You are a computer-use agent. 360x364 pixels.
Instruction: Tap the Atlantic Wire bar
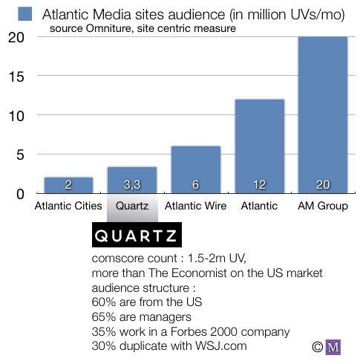(195, 170)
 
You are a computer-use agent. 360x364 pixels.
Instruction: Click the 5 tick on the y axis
(20, 155)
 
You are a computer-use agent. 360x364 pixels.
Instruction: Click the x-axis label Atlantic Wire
(196, 206)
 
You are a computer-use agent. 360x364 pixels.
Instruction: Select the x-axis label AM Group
(323, 206)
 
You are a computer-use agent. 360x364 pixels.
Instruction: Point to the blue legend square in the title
(25, 13)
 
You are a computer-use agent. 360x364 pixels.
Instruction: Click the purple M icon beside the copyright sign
(333, 346)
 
